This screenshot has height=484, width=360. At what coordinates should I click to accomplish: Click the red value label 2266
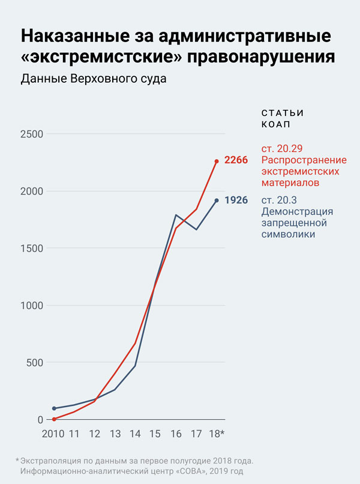[236, 160]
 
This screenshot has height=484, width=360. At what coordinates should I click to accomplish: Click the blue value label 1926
[236, 200]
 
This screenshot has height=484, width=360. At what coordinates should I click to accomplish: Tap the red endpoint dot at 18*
[217, 161]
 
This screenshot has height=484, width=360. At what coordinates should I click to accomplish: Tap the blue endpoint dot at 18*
[217, 201]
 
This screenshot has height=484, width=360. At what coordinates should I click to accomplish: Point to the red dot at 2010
[54, 419]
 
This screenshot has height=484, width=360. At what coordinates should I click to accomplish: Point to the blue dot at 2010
[54, 408]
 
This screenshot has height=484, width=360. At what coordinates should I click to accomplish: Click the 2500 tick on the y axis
[31, 134]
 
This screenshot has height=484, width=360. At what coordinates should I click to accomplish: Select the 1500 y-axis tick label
[31, 248]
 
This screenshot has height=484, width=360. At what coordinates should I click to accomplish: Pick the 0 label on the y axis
[40, 420]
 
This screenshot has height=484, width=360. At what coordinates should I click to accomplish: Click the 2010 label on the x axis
[53, 433]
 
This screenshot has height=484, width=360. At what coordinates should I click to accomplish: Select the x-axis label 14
[135, 433]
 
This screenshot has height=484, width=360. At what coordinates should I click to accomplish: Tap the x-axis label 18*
[217, 433]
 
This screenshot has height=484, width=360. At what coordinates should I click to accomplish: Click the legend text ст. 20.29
[281, 148]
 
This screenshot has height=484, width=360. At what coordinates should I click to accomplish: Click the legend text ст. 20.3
[278, 200]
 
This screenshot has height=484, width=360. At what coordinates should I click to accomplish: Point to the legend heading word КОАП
[275, 125]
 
